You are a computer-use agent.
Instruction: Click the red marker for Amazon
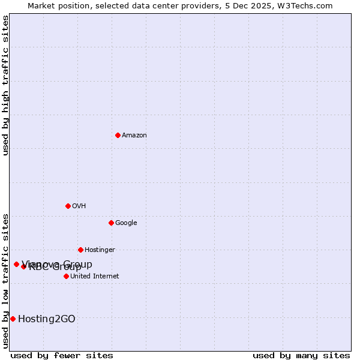point(118,135)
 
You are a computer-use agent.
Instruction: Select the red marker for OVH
point(68,206)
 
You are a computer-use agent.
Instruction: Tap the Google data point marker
point(111,223)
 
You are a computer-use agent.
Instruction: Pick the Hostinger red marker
point(80,250)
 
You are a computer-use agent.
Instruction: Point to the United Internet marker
point(66,276)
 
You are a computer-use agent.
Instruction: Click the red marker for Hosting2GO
point(13,319)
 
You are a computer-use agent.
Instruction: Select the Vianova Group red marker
point(16,264)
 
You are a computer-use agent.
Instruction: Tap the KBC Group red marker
point(23,266)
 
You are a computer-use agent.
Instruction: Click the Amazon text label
point(134,136)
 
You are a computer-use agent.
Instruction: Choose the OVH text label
point(79,206)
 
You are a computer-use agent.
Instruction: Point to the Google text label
point(126,223)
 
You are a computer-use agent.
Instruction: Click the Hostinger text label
point(100,250)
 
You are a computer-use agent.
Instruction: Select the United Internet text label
point(95,277)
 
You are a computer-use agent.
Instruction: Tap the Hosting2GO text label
point(47,319)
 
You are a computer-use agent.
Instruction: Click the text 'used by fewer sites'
point(62,356)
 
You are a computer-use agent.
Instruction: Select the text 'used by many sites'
point(301,356)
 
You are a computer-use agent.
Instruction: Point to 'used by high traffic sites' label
point(5,85)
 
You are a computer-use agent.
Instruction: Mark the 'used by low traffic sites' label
point(5,281)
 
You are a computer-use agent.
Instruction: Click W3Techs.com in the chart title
point(308,5)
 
